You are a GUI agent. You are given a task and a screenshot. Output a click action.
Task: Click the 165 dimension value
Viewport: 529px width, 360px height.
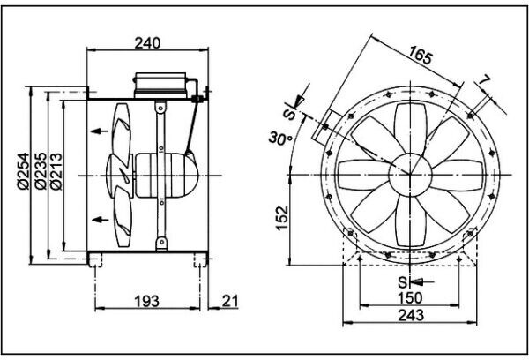point(421,59)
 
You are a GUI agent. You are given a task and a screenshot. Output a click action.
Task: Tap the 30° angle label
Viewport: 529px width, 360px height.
point(281,138)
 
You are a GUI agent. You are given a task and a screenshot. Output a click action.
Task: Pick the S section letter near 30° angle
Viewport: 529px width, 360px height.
point(289,114)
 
